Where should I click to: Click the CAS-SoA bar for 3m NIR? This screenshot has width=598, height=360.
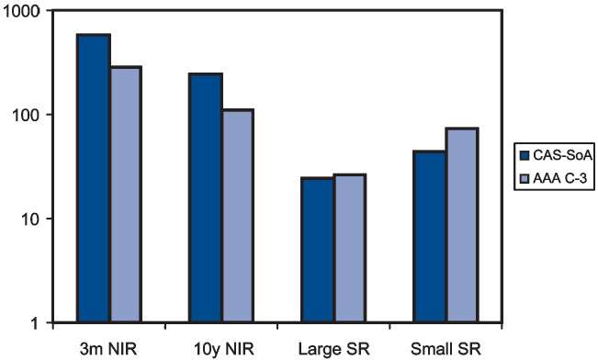(x=94, y=178)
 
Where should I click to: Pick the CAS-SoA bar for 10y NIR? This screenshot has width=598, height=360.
(x=206, y=197)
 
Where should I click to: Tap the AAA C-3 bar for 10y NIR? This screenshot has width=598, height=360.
(x=238, y=216)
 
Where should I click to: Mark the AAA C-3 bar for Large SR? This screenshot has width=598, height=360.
(x=350, y=248)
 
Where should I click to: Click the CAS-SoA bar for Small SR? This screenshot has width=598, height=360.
(x=429, y=237)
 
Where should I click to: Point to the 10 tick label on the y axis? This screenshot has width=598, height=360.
(x=29, y=219)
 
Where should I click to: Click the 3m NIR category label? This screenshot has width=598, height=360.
(x=108, y=348)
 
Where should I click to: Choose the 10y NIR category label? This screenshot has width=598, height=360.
(x=220, y=348)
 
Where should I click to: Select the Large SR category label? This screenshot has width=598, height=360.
(x=333, y=348)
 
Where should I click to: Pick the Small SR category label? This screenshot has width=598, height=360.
(x=445, y=348)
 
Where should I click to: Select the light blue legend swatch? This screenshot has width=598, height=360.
(x=526, y=177)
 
